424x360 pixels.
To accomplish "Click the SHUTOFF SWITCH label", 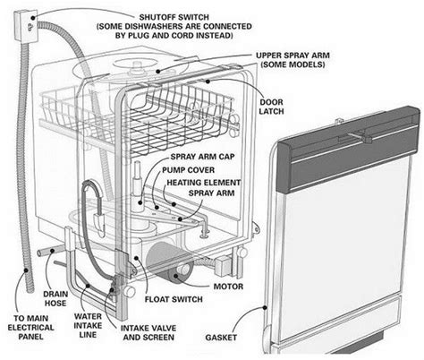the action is [x=174, y=17].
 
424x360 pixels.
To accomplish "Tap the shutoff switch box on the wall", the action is [x=26, y=26].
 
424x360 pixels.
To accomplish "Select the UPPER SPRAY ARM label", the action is [x=293, y=56].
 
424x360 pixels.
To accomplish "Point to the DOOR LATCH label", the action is [x=271, y=107].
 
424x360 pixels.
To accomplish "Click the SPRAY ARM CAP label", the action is [x=202, y=157].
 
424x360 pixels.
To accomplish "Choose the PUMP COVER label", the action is [x=188, y=170].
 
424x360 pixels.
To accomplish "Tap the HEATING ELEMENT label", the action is [x=204, y=183].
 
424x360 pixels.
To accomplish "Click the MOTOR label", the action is [x=228, y=287].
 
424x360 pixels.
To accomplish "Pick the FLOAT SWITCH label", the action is [x=174, y=299].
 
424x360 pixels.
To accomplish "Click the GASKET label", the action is [x=221, y=338].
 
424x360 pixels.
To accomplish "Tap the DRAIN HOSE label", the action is [x=55, y=298].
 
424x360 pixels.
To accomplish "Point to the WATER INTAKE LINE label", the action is [x=88, y=325].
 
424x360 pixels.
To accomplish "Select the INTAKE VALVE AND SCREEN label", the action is [x=148, y=333].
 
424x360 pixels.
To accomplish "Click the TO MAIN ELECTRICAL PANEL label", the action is [x=30, y=328].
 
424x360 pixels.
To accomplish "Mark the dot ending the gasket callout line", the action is [x=264, y=307].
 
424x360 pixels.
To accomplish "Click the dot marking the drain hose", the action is [x=52, y=251].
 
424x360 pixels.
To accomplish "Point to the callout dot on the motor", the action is [x=176, y=276].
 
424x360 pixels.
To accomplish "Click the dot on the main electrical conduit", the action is [x=26, y=270].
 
